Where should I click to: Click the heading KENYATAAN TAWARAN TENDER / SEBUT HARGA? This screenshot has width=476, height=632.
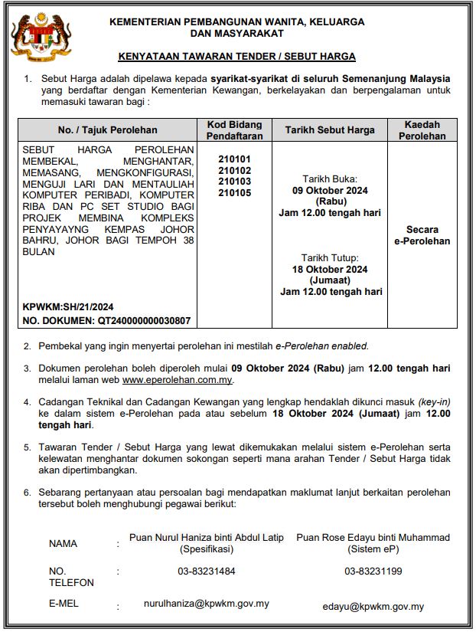237,57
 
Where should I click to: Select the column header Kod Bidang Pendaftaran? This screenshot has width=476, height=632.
234,130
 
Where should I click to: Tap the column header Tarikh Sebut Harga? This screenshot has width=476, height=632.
330,130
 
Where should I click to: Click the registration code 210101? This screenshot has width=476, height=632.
234,159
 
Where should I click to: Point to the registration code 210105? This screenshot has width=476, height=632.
234,193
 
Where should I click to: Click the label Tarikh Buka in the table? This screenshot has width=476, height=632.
330,178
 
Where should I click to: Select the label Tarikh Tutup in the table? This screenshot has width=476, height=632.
330,258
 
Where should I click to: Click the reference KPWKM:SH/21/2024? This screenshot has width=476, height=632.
68,306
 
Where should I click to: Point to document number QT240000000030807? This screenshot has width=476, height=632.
106,320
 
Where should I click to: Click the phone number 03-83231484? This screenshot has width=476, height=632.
207,571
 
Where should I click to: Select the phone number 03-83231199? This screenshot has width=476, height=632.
373,571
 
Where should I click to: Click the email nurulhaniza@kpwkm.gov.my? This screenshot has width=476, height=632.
207,604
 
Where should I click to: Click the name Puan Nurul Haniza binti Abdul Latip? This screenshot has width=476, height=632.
207,538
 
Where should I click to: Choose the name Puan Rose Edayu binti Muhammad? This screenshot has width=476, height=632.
373,538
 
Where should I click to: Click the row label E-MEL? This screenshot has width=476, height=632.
64,604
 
